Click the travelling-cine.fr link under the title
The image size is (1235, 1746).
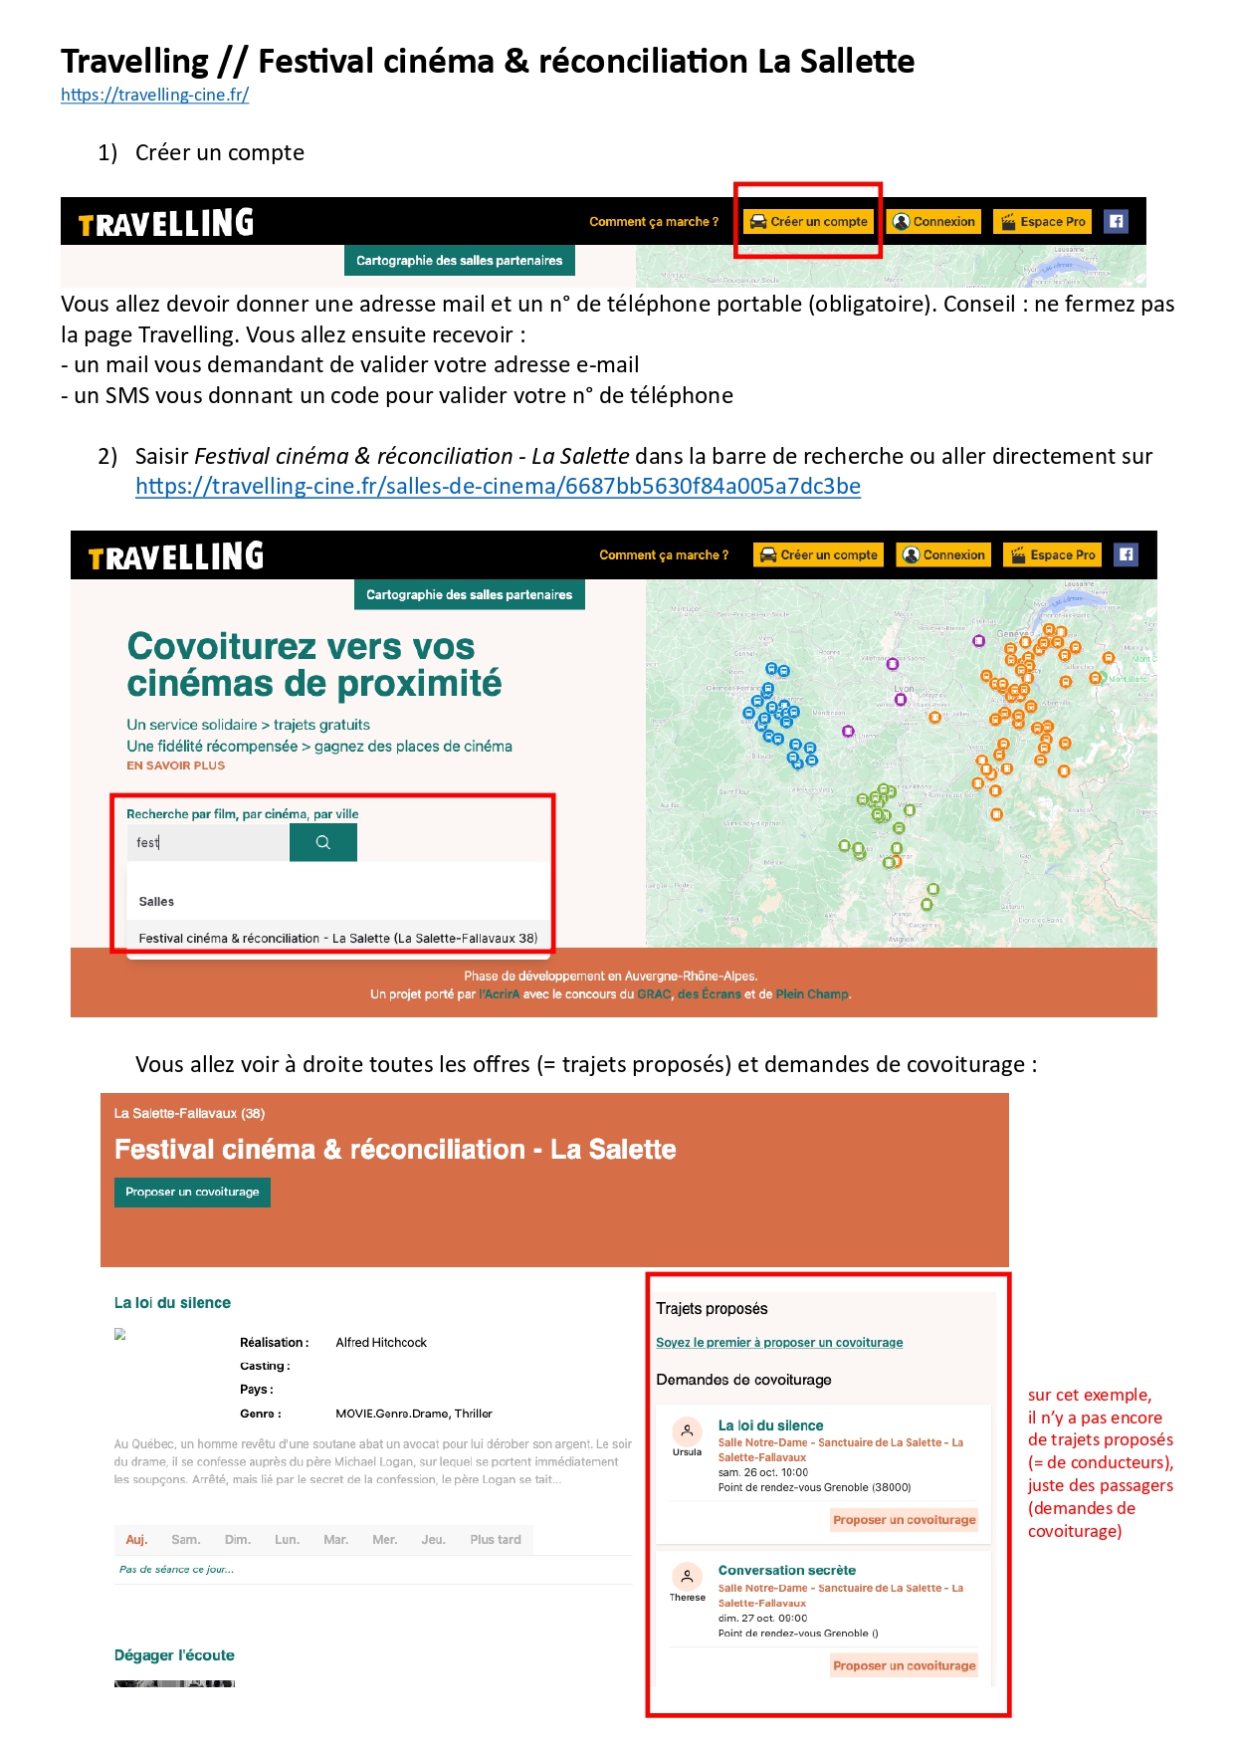[x=154, y=95]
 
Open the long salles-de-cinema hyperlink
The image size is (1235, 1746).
[x=498, y=486]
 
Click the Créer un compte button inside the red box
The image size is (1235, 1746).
[x=809, y=222]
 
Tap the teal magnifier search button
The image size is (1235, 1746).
[x=322, y=842]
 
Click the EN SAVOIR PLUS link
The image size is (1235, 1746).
[x=175, y=765]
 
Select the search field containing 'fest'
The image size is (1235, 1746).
[x=209, y=842]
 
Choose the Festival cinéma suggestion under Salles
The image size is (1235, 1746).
[x=337, y=938]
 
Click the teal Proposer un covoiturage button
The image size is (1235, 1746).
[x=192, y=1192]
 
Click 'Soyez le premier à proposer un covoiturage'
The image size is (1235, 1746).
[x=779, y=1342]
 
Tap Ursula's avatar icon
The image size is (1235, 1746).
[x=687, y=1431]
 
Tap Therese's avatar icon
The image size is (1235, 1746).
[x=687, y=1577]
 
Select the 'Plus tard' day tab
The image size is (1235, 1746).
[x=496, y=1539]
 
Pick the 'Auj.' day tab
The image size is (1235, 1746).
[x=136, y=1539]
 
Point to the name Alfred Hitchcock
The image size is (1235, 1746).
[x=381, y=1342]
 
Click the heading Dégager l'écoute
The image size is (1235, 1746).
[x=174, y=1654]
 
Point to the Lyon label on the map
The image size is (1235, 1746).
[x=904, y=689]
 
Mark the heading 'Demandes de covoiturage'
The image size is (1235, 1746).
[x=743, y=1380]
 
